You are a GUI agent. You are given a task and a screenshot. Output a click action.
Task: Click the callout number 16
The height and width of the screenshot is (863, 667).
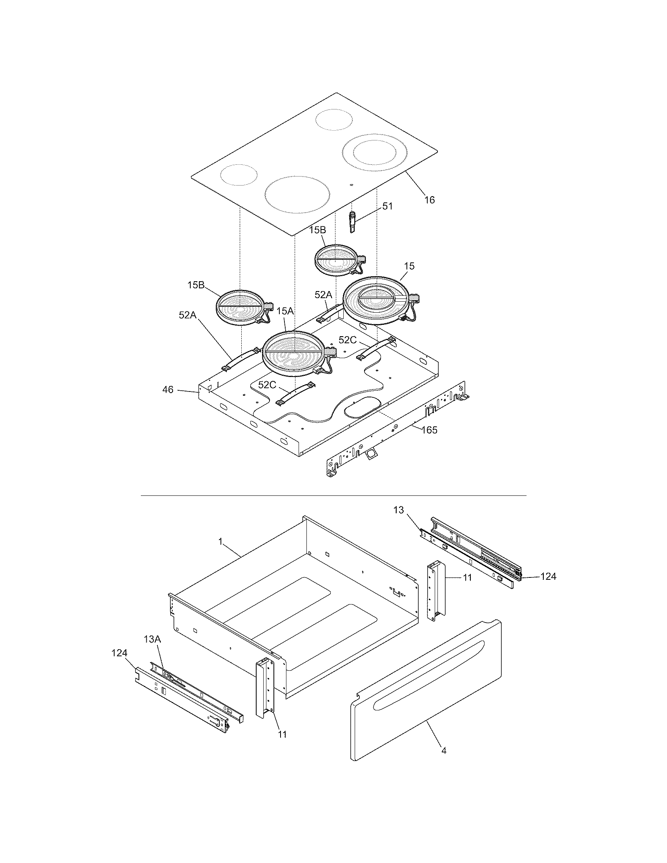pyautogui.click(x=429, y=200)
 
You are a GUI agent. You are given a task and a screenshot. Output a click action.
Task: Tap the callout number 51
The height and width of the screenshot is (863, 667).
pyautogui.click(x=387, y=206)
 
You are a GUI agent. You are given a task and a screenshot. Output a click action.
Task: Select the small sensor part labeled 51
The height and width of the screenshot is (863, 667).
pyautogui.click(x=352, y=222)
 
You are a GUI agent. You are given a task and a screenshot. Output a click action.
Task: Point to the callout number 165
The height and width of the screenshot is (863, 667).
pyautogui.click(x=429, y=430)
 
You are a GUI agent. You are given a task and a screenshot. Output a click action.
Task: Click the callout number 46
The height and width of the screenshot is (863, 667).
pyautogui.click(x=168, y=390)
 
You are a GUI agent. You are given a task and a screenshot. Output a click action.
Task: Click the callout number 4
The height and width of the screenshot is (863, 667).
pyautogui.click(x=444, y=761)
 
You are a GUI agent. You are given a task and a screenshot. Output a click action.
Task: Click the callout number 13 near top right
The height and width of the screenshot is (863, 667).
pyautogui.click(x=399, y=510)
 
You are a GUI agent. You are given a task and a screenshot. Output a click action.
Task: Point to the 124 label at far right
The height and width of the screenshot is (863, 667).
pyautogui.click(x=548, y=577)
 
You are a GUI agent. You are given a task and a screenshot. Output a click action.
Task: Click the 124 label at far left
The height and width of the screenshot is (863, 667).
pyautogui.click(x=119, y=654)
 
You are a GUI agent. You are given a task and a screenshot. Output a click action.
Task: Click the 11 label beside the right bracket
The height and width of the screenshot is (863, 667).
pyautogui.click(x=467, y=578)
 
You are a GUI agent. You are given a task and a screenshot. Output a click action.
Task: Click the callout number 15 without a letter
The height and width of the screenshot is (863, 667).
pyautogui.click(x=409, y=266)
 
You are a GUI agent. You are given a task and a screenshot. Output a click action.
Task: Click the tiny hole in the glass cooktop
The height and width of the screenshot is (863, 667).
pyautogui.click(x=351, y=185)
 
